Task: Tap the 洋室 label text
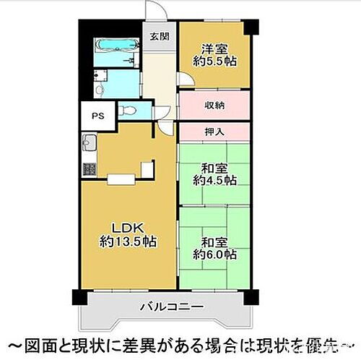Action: coord(214,49)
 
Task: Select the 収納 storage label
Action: coord(214,106)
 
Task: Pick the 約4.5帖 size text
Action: coord(214,181)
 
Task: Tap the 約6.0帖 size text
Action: coord(214,254)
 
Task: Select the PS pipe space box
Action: coord(97,113)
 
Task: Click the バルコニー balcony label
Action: coord(171,307)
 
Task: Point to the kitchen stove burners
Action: coord(90,169)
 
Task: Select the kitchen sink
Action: coord(90,142)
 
